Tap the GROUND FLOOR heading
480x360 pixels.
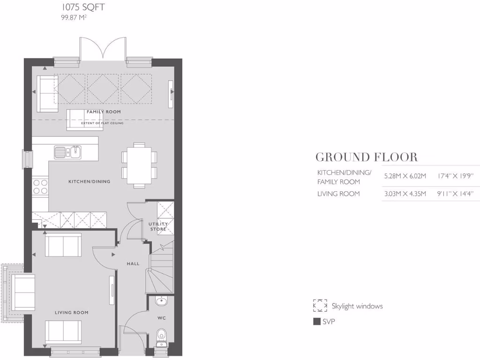[366, 157]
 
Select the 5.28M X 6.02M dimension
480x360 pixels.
[405, 176]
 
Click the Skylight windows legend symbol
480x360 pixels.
[320, 306]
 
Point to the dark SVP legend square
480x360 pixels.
[316, 322]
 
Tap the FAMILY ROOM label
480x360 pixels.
[104, 112]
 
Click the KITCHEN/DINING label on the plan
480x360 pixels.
[90, 181]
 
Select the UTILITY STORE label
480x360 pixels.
[158, 226]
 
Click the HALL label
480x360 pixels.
[133, 264]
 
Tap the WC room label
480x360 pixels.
[162, 318]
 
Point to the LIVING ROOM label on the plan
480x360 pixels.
[72, 312]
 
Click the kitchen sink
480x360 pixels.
[67, 151]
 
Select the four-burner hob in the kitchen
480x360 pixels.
[40, 186]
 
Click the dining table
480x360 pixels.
[139, 165]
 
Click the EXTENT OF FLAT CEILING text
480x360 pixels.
[102, 123]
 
